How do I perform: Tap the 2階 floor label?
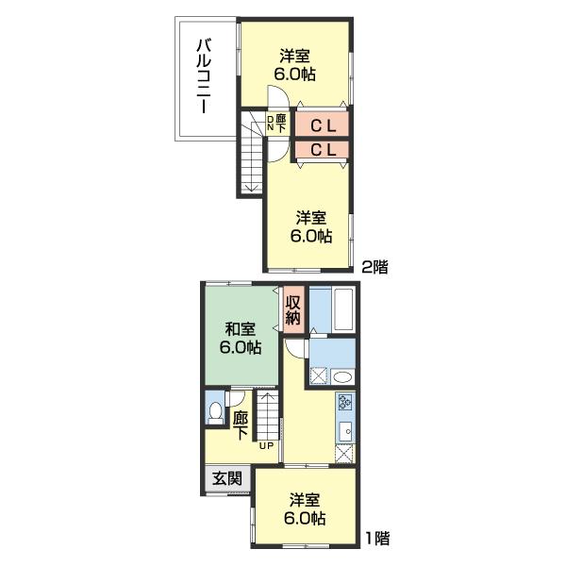click(375, 267)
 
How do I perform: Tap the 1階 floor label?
click(377, 539)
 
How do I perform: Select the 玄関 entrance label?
click(227, 478)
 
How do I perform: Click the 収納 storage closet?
click(293, 310)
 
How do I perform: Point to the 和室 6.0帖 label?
click(240, 339)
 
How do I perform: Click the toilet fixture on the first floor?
click(215, 412)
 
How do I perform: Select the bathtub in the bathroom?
click(343, 308)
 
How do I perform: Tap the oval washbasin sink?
click(342, 376)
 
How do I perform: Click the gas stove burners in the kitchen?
click(344, 402)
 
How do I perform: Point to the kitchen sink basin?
click(345, 431)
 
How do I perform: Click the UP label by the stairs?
click(267, 446)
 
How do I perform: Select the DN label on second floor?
click(271, 123)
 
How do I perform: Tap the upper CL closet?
click(322, 125)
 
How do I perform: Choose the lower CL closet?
click(322, 149)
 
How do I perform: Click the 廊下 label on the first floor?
click(241, 426)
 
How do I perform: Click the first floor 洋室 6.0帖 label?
click(305, 509)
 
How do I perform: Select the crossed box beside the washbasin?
click(319, 376)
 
